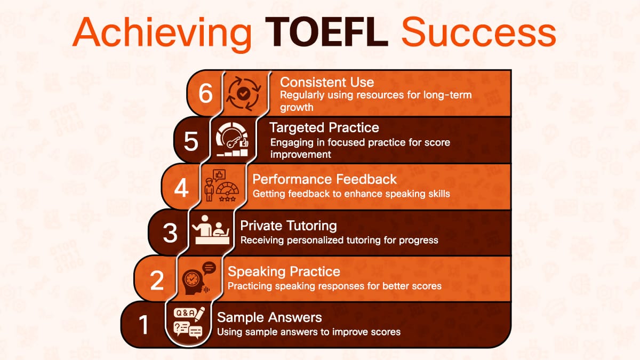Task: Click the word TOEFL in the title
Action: pos(327,32)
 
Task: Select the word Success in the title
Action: pos(478,32)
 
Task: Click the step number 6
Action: pos(205,94)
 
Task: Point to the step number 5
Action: pos(191,141)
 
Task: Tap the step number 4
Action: pos(182,188)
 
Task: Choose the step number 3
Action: pos(170,233)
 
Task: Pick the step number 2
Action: pos(157,280)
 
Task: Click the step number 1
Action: pos(143,325)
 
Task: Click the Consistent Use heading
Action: pos(327,82)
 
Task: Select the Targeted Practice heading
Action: pos(324,128)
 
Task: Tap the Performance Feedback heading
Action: pos(325,179)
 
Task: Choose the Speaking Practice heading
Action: pos(284,271)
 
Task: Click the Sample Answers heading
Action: pos(269,317)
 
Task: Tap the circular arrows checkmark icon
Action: pos(243,93)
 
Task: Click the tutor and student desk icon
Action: pos(210,231)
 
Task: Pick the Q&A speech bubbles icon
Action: pos(189,323)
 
